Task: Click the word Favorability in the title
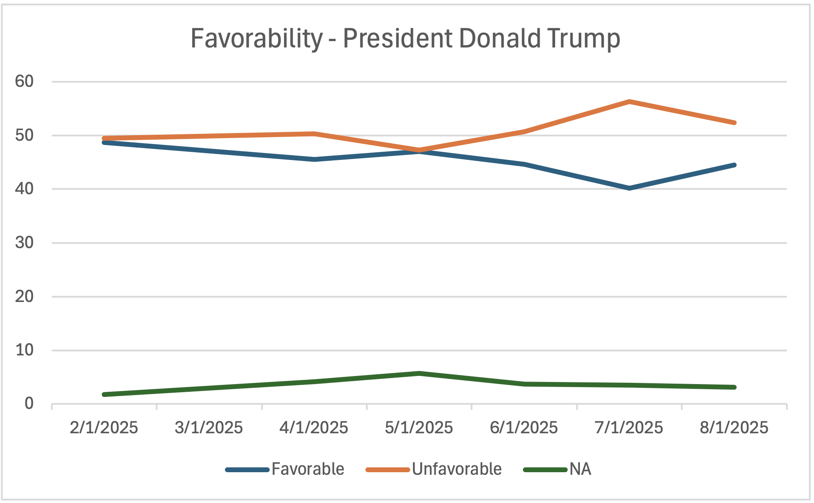pyautogui.click(x=256, y=38)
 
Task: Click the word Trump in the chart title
pyautogui.click(x=584, y=38)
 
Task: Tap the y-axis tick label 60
pyautogui.click(x=24, y=81)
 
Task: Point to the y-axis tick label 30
pyautogui.click(x=24, y=243)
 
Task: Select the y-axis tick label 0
pyautogui.click(x=29, y=403)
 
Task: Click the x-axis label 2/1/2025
pyautogui.click(x=104, y=427)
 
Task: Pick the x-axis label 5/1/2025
pyautogui.click(x=419, y=427)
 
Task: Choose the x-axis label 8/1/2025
pyautogui.click(x=734, y=427)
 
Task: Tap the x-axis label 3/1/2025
pyautogui.click(x=209, y=427)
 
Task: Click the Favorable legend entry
pyautogui.click(x=308, y=469)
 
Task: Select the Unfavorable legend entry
pyautogui.click(x=457, y=469)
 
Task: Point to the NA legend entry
pyautogui.click(x=580, y=469)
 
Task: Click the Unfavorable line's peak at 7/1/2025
pyautogui.click(x=630, y=101)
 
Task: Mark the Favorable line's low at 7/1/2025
pyautogui.click(x=630, y=188)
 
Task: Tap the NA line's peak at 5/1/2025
pyautogui.click(x=419, y=373)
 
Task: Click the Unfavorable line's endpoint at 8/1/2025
pyautogui.click(x=734, y=123)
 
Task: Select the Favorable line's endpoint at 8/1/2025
pyautogui.click(x=734, y=165)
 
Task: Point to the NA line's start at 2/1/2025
pyautogui.click(x=104, y=394)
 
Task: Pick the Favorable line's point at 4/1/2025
pyautogui.click(x=315, y=160)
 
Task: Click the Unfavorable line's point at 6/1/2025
pyautogui.click(x=524, y=132)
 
